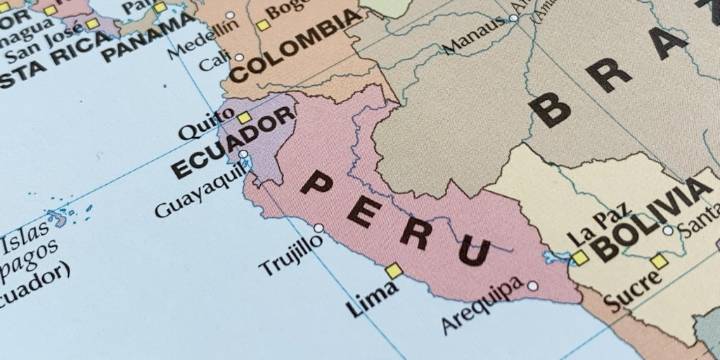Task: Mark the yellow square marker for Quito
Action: point(243,117)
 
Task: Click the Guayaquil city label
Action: point(201,193)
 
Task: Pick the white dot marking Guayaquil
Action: point(243,155)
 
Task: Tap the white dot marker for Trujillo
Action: point(319,228)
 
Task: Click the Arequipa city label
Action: point(481,305)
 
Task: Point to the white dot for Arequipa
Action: point(532,286)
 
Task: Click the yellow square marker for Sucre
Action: point(658,262)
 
